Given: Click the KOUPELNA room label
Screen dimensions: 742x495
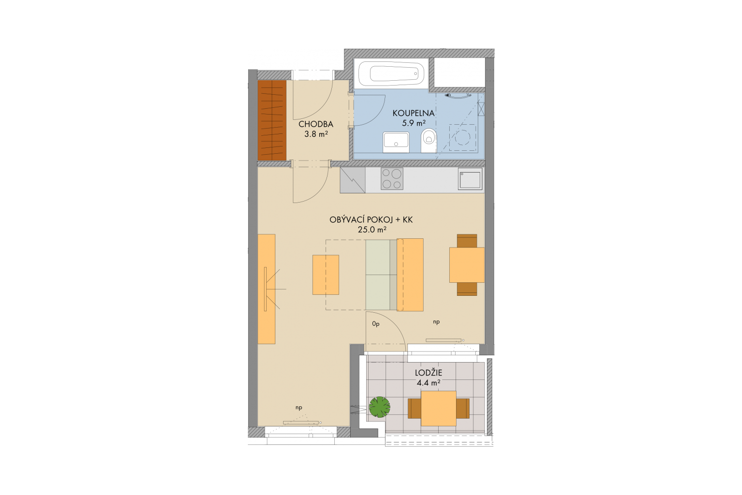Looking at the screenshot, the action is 414,113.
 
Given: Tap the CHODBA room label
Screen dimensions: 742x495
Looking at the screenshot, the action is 315,124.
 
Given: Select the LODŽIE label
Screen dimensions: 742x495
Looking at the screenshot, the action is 428,373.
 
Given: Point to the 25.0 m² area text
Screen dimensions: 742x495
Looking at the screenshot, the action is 372,230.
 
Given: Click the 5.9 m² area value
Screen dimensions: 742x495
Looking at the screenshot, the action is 414,123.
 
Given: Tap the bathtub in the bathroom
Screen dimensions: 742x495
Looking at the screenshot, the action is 392,73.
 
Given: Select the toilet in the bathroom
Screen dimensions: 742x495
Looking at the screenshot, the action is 428,141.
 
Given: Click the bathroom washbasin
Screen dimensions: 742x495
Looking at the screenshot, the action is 396,142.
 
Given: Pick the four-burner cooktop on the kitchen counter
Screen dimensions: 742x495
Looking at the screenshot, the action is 392,179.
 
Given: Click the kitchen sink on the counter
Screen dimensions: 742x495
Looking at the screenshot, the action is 470,179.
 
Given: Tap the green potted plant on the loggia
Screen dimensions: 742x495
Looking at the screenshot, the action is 380,407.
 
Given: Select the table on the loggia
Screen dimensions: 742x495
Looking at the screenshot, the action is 438,408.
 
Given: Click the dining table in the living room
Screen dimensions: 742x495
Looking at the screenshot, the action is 467,265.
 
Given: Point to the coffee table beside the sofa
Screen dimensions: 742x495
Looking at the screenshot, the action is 326,275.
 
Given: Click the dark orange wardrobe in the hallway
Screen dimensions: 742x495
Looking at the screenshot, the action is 272,120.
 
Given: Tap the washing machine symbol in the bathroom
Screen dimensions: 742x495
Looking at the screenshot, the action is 462,137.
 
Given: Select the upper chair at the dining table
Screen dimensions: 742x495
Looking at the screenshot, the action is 467,241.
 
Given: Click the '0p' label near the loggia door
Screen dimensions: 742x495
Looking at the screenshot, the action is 376,324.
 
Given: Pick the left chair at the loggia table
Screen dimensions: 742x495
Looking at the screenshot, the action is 414,408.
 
